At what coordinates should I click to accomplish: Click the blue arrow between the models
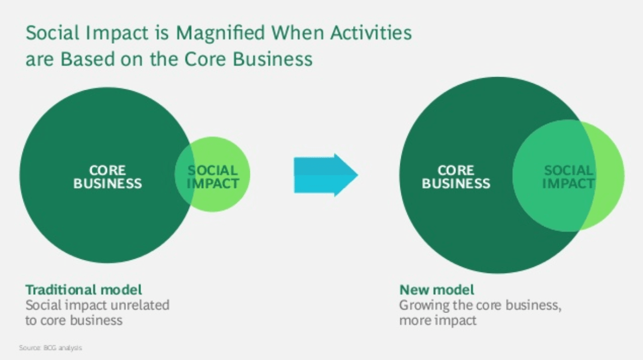pyautogui.click(x=326, y=175)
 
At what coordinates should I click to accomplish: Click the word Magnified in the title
pyautogui.click(x=220, y=32)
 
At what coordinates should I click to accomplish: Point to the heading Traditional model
pyautogui.click(x=84, y=290)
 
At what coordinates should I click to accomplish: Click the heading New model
pyautogui.click(x=437, y=290)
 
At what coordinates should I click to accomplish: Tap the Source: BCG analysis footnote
pyautogui.click(x=50, y=347)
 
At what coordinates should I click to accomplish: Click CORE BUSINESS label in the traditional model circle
pyautogui.click(x=107, y=177)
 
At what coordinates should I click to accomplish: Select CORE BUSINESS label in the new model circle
pyautogui.click(x=456, y=177)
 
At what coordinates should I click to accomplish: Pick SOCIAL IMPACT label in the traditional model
pyautogui.click(x=213, y=177)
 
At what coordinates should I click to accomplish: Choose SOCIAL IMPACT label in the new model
pyautogui.click(x=569, y=177)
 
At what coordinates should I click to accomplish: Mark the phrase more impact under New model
pyautogui.click(x=438, y=320)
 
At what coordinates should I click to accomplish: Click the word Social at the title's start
pyautogui.click(x=52, y=32)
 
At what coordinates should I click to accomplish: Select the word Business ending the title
pyautogui.click(x=273, y=59)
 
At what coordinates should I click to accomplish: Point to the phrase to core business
pyautogui.click(x=74, y=320)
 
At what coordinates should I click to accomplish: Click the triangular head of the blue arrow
pyautogui.click(x=346, y=175)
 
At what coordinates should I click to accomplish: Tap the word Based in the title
pyautogui.click(x=87, y=59)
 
